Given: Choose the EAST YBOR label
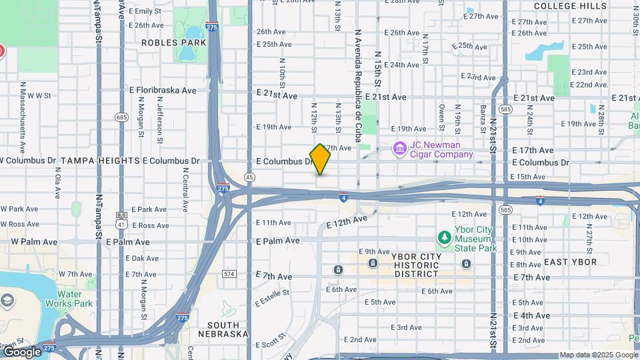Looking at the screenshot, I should tap(570, 262).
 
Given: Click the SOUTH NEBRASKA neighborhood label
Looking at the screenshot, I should tap(223, 329).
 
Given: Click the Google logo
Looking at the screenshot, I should tap(21, 351).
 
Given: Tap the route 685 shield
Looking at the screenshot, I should tap(121, 117).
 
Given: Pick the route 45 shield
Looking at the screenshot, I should tap(249, 177).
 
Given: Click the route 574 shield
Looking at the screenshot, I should tap(229, 274).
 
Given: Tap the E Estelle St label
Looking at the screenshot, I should tap(271, 297).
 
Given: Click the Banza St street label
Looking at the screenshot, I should tap(483, 118).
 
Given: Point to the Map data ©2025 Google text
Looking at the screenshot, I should tap(598, 355).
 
